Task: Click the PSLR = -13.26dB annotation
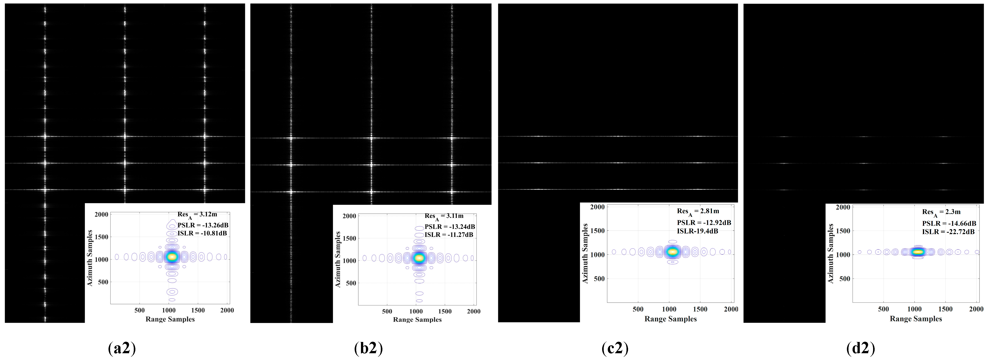(203, 225)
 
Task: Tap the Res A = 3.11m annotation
(444, 217)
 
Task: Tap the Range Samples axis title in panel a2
(170, 319)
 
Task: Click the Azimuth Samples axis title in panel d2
(831, 254)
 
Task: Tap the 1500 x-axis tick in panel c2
(700, 309)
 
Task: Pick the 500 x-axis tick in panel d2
(883, 309)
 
